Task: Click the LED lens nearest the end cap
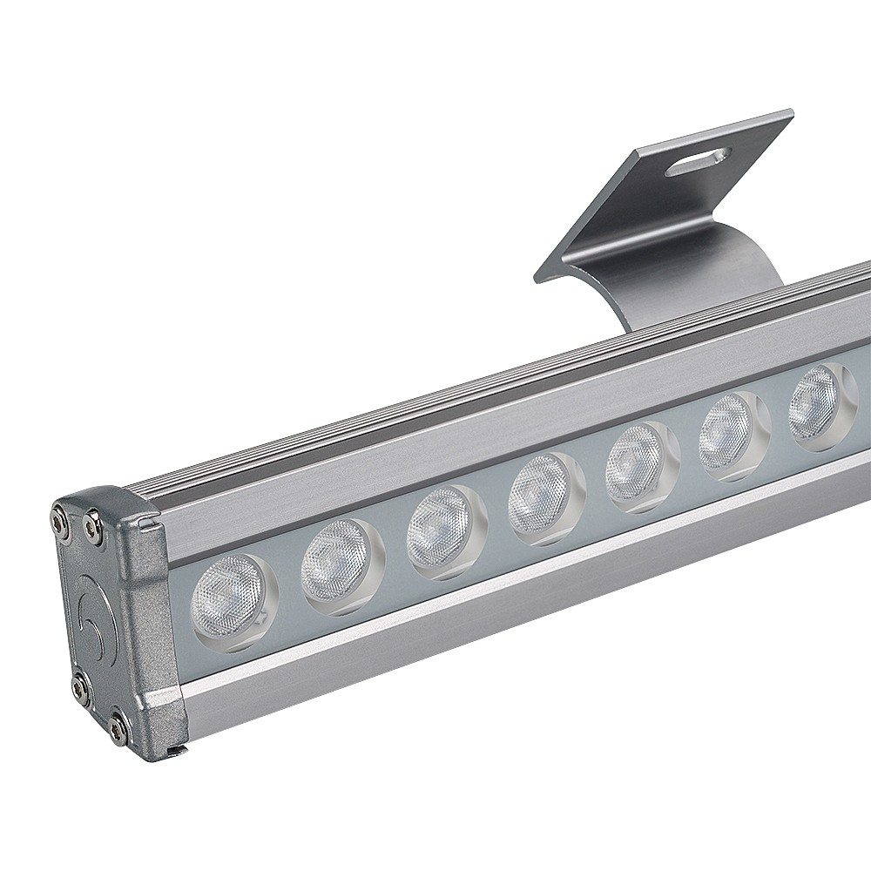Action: click(231, 592)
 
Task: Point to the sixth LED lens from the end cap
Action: click(727, 432)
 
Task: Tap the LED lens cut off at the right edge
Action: click(817, 402)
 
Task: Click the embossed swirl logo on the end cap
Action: click(91, 610)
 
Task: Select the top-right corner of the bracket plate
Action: click(788, 113)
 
